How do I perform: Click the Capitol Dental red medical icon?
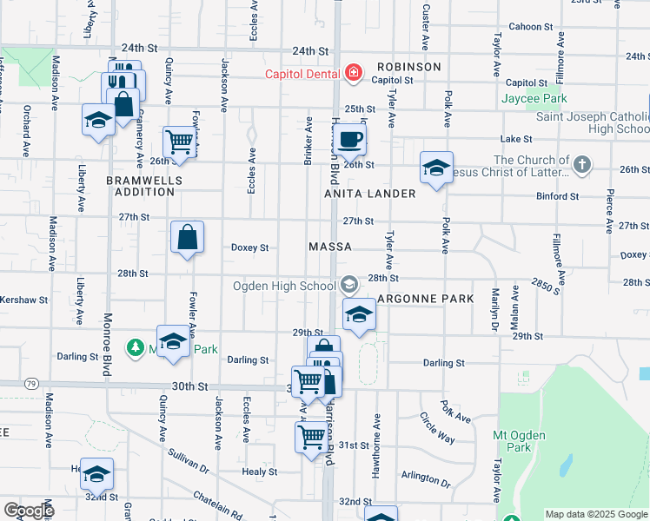pyautogui.click(x=353, y=73)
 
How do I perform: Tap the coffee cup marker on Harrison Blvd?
pyautogui.click(x=350, y=138)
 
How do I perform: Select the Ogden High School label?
pyautogui.click(x=283, y=286)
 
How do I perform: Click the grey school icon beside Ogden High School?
pyautogui.click(x=348, y=285)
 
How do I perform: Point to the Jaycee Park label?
pyautogui.click(x=534, y=98)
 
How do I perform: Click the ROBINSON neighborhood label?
pyautogui.click(x=408, y=67)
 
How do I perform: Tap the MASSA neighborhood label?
pyautogui.click(x=330, y=247)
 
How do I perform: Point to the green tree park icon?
pyautogui.click(x=136, y=348)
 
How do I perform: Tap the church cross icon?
pyautogui.click(x=582, y=162)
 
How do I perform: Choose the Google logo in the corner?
pyautogui.click(x=29, y=511)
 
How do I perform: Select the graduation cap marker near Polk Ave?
pyautogui.click(x=436, y=168)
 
